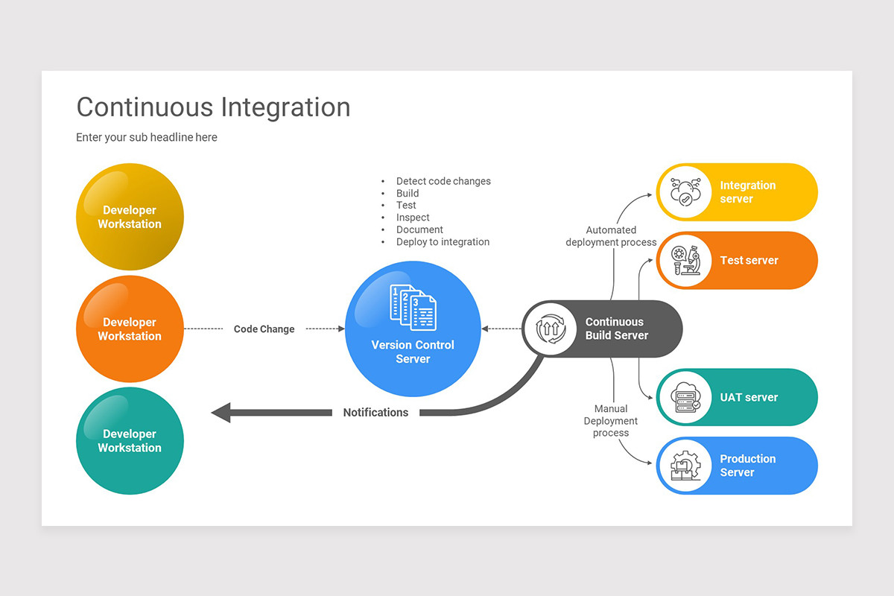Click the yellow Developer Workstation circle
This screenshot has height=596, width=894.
(130, 217)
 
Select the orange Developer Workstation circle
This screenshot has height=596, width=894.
(130, 329)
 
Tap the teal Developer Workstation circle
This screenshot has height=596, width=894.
(130, 440)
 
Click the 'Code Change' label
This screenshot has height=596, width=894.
(264, 329)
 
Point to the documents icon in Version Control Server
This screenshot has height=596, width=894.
(413, 305)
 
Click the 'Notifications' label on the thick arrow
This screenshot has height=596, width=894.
(375, 412)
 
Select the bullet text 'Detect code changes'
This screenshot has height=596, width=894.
(443, 181)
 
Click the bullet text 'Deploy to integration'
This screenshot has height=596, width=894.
(443, 241)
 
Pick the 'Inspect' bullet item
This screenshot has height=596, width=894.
(413, 218)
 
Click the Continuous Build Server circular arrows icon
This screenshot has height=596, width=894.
(551, 329)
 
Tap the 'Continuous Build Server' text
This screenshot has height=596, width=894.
(616, 329)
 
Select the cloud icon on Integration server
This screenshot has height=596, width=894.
(685, 192)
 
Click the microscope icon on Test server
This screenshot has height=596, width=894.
(685, 261)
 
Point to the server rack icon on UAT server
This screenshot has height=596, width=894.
(685, 397)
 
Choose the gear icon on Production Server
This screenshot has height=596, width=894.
(685, 466)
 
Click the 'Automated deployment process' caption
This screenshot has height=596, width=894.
(611, 236)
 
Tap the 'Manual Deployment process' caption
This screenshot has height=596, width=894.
(611, 420)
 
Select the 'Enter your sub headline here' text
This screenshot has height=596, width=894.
(147, 137)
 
